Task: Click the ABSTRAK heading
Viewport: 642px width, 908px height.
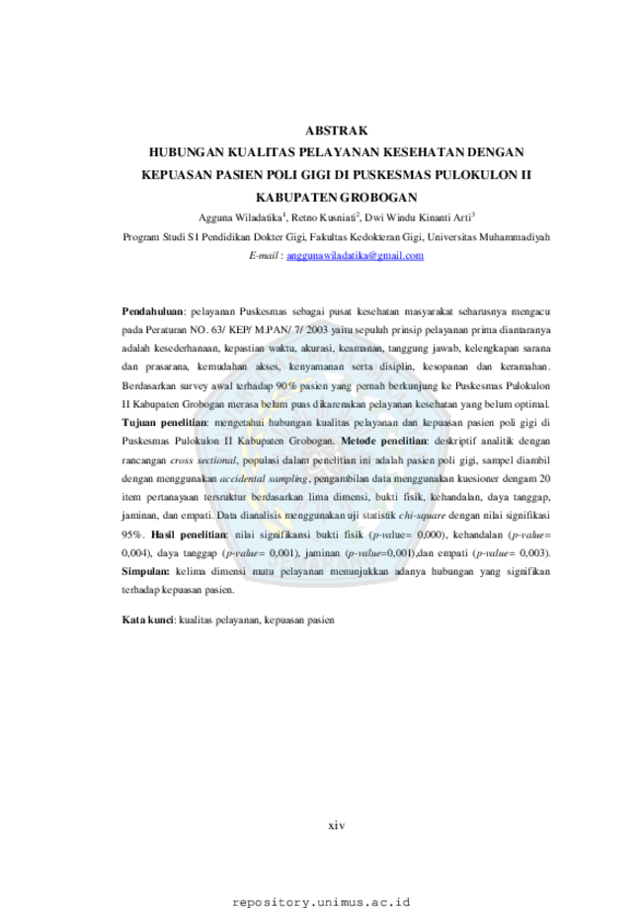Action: point(337,130)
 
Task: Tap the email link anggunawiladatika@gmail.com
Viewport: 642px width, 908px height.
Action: point(355,255)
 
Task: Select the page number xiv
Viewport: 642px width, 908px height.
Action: point(337,825)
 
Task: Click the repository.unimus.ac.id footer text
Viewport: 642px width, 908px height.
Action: point(321,902)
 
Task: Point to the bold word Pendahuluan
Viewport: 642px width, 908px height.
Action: point(152,311)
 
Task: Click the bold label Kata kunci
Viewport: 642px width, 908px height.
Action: point(147,619)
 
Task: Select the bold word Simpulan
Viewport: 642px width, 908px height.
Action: point(145,571)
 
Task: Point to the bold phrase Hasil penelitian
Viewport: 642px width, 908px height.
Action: point(188,535)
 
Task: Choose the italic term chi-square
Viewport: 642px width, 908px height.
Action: point(422,516)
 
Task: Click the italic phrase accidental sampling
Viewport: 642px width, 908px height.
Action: point(264,479)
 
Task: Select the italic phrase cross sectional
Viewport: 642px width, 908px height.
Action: point(203,460)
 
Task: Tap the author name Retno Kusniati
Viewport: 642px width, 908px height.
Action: point(324,217)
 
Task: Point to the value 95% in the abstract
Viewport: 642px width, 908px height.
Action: point(132,535)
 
